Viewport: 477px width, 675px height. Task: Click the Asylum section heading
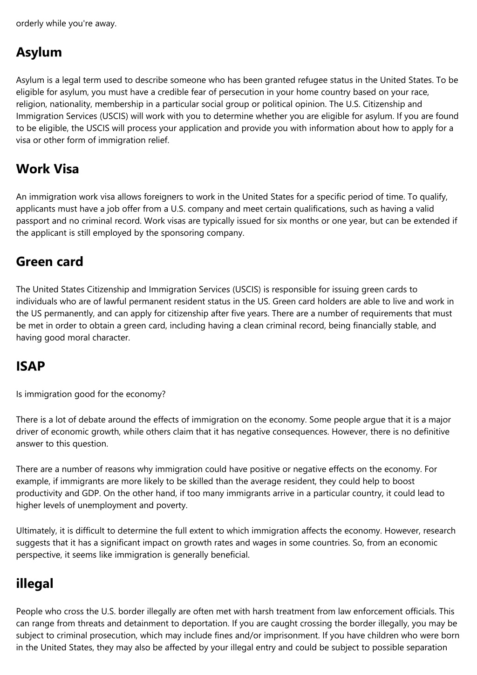(39, 52)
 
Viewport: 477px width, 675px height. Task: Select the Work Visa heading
(47, 169)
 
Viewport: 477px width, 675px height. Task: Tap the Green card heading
(49, 262)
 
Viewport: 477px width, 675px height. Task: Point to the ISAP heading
(30, 367)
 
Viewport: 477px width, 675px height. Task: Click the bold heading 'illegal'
(34, 584)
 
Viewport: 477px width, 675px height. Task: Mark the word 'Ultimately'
(34, 531)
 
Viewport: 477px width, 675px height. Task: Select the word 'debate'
(77, 420)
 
